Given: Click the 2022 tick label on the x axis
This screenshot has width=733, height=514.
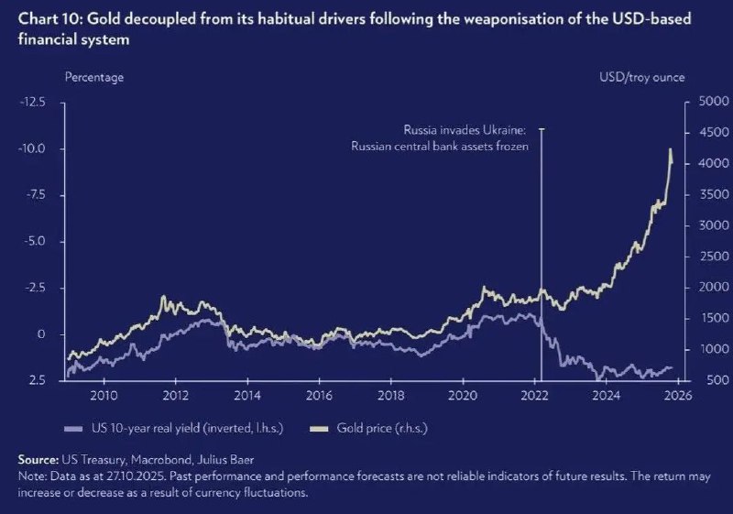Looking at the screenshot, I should (x=533, y=396).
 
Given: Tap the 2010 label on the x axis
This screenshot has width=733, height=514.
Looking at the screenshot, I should (x=103, y=396).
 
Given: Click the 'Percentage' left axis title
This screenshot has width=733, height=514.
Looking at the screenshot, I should (x=93, y=78).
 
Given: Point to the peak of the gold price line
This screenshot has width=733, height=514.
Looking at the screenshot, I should (x=670, y=149).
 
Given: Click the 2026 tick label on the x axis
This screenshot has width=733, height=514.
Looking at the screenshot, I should (x=676, y=396).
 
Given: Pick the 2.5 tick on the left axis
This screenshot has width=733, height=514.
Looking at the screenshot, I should (x=37, y=380).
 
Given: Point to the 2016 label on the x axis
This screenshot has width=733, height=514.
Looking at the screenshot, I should (x=318, y=396).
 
